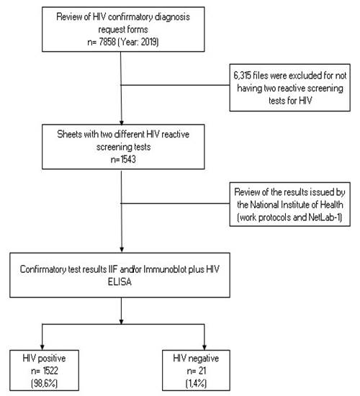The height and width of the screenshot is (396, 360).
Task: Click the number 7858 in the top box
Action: tap(107, 42)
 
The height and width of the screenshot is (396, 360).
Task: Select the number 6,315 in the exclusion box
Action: tap(242, 76)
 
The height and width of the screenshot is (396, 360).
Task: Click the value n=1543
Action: tap(123, 159)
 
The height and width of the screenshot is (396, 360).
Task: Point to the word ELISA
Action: tap(120, 282)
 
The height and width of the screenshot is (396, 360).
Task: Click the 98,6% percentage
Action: tap(44, 383)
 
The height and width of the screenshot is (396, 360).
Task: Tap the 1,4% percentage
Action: tap(196, 383)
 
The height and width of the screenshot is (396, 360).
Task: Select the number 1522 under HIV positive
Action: tap(50, 371)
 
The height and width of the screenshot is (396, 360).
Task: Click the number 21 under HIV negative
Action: tap(202, 371)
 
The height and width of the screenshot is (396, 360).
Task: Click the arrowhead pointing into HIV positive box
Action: tap(42, 347)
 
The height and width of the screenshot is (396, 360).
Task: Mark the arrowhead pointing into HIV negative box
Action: tap(204, 347)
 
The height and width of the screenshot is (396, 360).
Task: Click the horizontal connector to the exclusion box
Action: tap(176, 85)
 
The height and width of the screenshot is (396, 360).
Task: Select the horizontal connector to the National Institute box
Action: tap(176, 203)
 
